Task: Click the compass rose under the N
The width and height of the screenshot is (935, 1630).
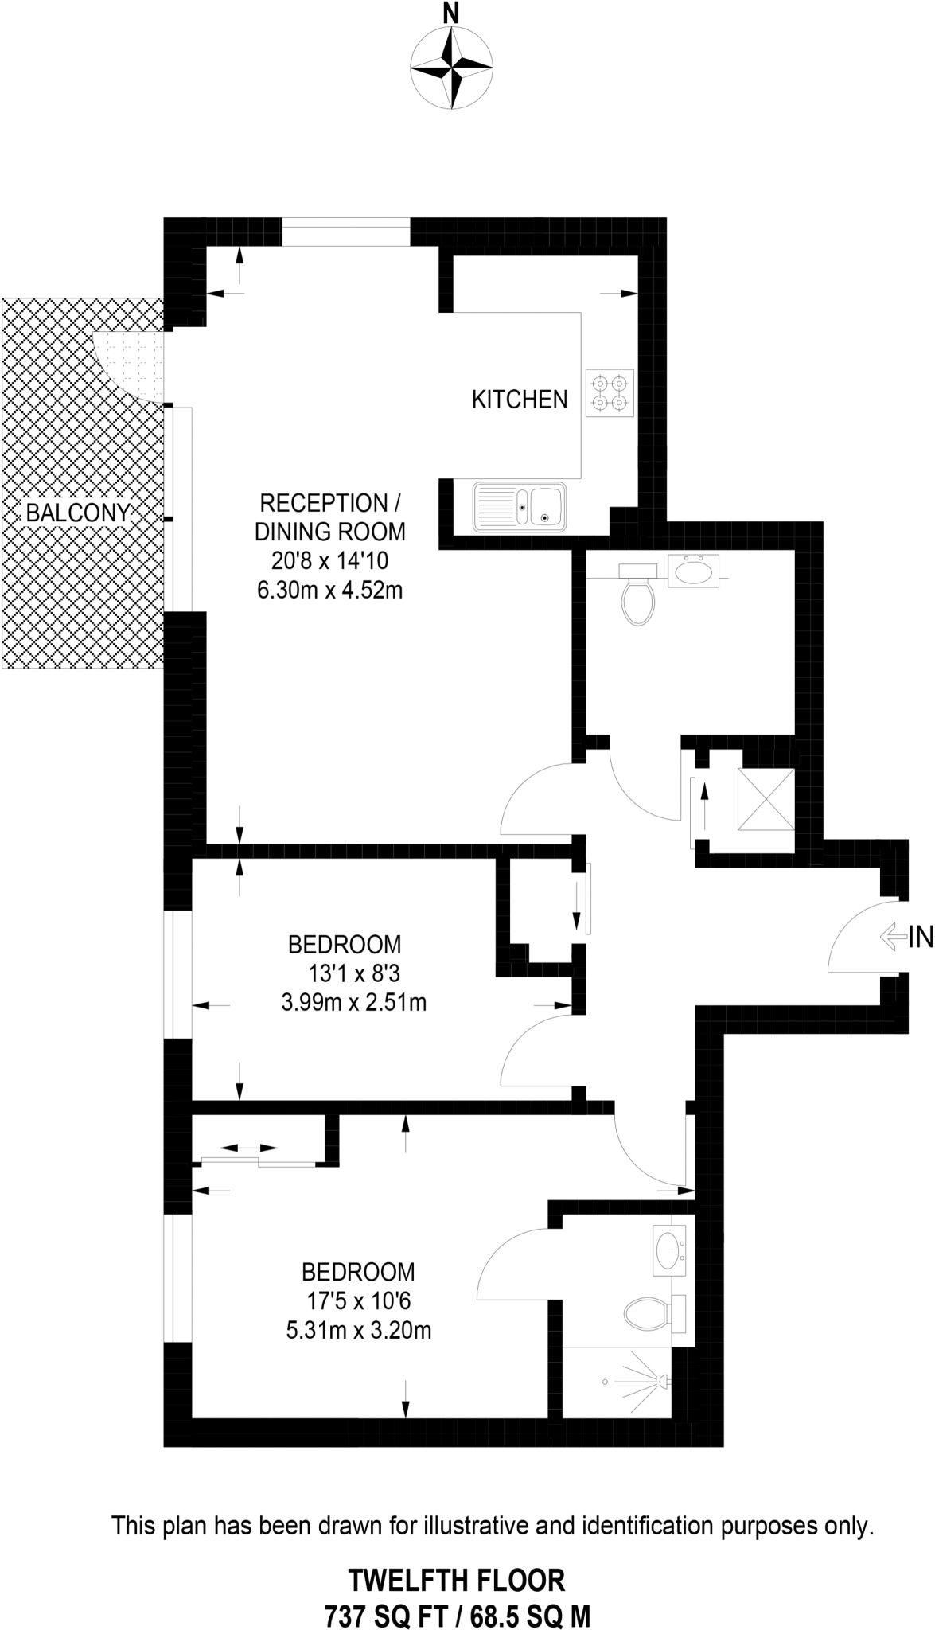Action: [x=451, y=68]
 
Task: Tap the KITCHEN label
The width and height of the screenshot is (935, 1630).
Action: [x=520, y=400]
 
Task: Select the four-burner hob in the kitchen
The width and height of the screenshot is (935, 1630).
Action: [x=610, y=393]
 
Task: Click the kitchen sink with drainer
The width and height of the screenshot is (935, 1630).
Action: [x=520, y=506]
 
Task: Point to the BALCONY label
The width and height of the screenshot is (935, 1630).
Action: [x=77, y=513]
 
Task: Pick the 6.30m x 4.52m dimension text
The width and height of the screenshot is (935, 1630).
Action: [x=329, y=591]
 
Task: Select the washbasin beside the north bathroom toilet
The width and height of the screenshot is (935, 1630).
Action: [x=693, y=570]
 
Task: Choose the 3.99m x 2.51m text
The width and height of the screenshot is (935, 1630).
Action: [x=353, y=1002]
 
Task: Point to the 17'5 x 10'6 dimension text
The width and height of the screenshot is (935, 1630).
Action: [x=358, y=1300]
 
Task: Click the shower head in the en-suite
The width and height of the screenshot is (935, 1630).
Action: [x=662, y=1382]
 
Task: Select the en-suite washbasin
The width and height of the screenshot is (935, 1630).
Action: [x=668, y=1248]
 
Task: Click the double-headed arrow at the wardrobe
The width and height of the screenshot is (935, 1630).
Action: [x=248, y=1148]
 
